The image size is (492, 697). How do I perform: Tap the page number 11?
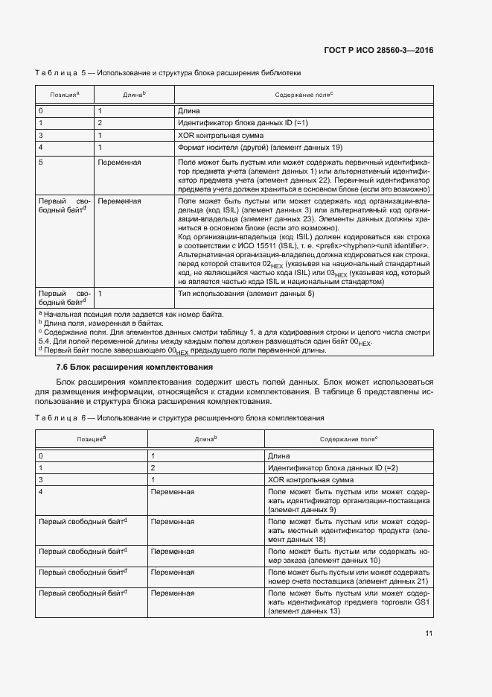429,634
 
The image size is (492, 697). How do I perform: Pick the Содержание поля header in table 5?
303,95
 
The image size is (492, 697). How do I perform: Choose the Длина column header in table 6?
205,440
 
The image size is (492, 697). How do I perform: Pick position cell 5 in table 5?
41,162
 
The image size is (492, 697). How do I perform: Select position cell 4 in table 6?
41,493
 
